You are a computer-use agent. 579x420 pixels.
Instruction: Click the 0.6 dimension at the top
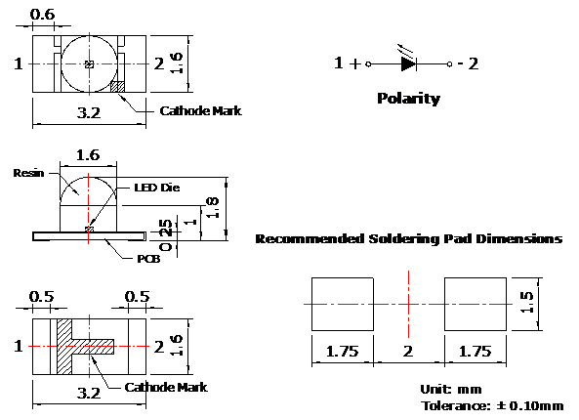click(42, 15)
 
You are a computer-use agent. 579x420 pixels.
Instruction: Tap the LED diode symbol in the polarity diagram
click(408, 63)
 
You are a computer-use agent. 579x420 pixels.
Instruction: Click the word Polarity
click(408, 99)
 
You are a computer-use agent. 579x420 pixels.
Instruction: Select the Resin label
click(28, 173)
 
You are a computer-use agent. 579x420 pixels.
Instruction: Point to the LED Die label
click(157, 188)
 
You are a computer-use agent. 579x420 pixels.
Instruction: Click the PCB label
click(148, 259)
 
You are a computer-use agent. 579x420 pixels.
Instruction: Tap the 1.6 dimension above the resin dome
click(88, 154)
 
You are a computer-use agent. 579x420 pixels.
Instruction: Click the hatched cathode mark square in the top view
click(118, 87)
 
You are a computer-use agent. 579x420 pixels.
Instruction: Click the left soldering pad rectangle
click(343, 304)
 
